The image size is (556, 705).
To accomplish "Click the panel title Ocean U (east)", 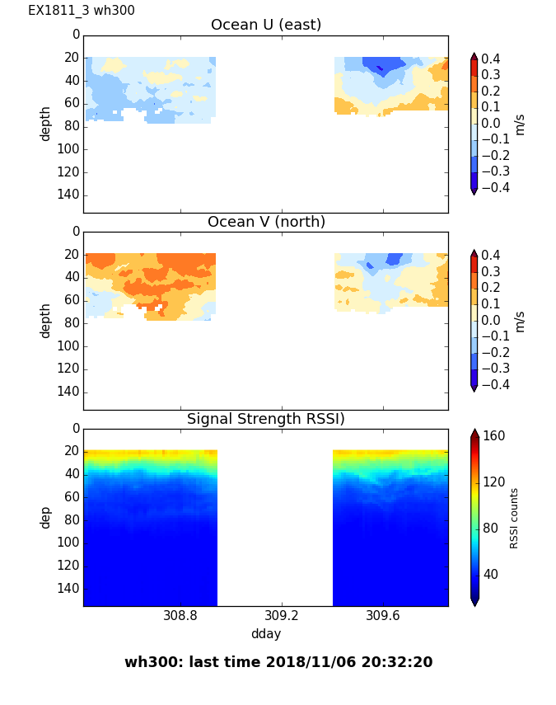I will coord(266,25).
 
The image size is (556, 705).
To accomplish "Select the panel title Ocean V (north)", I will coord(266,222).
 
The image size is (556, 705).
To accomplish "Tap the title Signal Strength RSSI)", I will coord(266,419).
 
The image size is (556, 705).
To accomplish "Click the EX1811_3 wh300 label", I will coord(82,11).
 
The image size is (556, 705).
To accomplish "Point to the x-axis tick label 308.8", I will coord(180,616).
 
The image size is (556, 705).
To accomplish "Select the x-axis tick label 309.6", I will coord(383,616).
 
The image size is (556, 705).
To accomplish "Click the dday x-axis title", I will coord(266,634).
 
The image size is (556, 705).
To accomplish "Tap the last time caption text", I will coord(278,662).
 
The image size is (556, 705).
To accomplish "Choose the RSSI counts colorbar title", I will coord(514,517).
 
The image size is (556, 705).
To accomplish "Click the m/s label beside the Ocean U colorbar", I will coord(520,124).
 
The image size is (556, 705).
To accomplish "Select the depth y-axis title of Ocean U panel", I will coord(46,123).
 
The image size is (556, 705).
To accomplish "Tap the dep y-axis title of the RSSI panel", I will coord(46,517).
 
